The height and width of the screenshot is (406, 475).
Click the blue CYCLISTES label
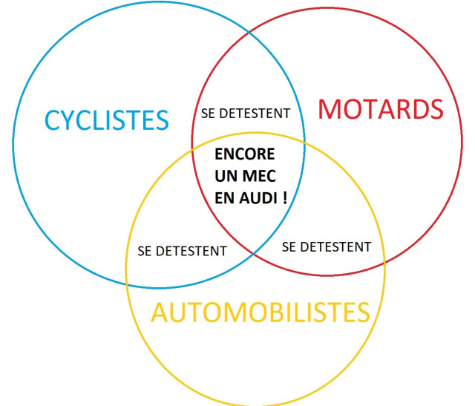click(107, 120)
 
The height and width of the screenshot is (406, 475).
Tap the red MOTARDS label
click(381, 109)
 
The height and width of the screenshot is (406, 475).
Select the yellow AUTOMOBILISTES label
click(261, 312)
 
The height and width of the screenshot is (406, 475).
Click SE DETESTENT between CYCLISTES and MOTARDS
click(246, 114)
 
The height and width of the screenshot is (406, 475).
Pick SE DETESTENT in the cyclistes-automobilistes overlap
click(182, 251)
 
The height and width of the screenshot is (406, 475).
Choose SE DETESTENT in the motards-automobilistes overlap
click(327, 247)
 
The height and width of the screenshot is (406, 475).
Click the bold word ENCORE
click(245, 154)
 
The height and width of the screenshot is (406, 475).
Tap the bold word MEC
click(260, 176)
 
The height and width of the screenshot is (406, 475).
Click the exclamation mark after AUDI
click(284, 198)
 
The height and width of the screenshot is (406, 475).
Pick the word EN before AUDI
click(225, 198)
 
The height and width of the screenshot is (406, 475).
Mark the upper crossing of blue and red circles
click(249, 32)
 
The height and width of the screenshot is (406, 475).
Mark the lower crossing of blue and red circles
click(254, 253)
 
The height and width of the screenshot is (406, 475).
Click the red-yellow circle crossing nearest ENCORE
click(192, 148)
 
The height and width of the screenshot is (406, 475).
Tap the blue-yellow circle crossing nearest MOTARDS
click(304, 141)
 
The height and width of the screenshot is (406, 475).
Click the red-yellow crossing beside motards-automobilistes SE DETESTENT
click(384, 263)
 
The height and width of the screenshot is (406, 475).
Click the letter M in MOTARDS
click(329, 109)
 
